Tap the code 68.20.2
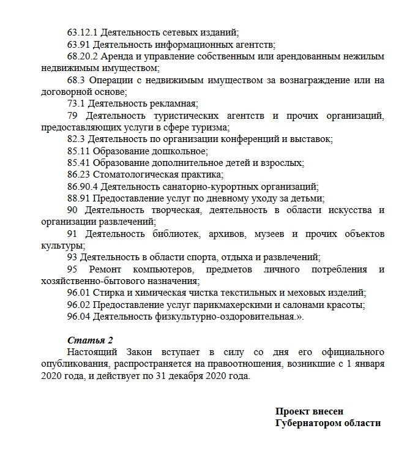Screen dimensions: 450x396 (83, 56)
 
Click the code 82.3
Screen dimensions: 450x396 (77, 139)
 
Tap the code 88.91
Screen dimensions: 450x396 (79, 198)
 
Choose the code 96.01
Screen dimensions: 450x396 (79, 293)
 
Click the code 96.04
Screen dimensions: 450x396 (79, 317)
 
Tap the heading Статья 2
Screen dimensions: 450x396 (90, 340)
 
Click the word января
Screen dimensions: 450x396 (368, 364)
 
